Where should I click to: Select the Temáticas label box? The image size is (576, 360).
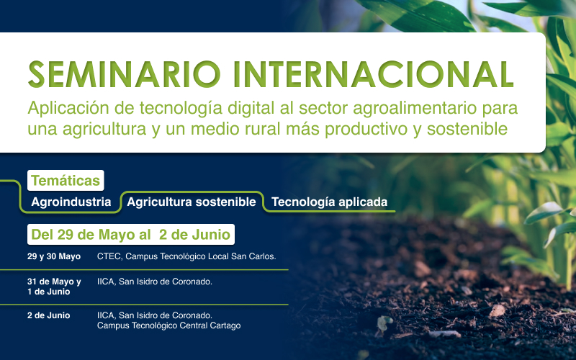(66, 181)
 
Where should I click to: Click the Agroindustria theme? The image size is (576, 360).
(71, 202)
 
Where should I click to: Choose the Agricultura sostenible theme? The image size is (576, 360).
(192, 202)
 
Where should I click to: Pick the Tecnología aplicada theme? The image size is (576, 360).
(329, 202)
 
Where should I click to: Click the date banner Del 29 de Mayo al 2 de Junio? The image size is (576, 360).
(131, 235)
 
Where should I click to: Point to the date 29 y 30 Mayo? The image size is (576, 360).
(53, 256)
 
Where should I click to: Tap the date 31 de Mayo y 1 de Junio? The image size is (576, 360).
(54, 287)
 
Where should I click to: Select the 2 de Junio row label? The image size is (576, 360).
(48, 315)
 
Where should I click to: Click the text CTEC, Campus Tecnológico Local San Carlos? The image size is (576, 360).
(186, 256)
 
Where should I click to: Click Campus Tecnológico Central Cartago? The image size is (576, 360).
(169, 325)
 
